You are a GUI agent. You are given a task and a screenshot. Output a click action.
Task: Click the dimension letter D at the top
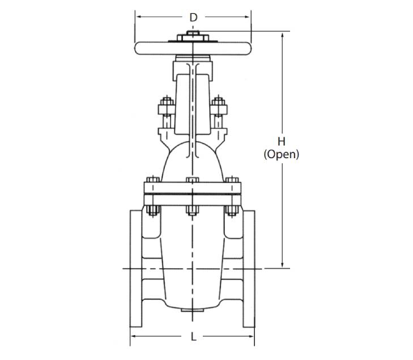194,18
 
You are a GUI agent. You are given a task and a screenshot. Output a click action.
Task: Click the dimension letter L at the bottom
194,337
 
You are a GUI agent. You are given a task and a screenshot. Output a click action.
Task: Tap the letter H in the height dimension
282,142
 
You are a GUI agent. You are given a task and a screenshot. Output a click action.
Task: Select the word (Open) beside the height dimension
282,154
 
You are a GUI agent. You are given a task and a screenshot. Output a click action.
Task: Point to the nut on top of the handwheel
193,33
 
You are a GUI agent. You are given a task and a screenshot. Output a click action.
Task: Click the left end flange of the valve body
136,269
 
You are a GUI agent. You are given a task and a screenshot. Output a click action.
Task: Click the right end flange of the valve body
249,269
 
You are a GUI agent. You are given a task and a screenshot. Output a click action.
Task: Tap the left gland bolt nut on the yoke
167,101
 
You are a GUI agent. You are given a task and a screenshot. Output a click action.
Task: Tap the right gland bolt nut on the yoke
219,101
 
